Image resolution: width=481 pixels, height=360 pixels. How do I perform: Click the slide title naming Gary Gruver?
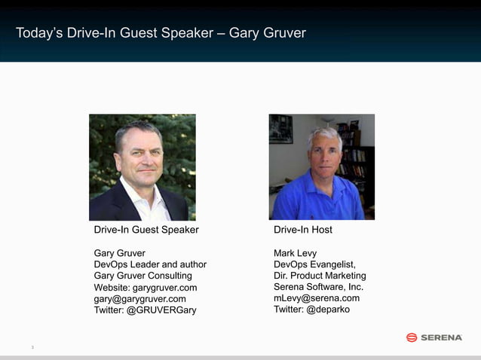coord(161,33)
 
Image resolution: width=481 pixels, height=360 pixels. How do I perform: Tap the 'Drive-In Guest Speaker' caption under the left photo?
coord(146,230)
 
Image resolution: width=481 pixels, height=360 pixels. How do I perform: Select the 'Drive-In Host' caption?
coord(303,230)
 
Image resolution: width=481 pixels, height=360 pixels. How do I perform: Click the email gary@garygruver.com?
coord(139,299)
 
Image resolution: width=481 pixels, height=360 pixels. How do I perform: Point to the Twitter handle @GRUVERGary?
coord(145,310)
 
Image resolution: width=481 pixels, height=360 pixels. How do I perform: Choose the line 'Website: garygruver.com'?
coord(146,288)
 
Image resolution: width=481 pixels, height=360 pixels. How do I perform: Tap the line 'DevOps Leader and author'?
coord(150,264)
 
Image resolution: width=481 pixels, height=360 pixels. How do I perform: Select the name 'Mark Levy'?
coord(296,253)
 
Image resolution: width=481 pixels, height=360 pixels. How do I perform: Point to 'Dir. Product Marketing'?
coord(320,276)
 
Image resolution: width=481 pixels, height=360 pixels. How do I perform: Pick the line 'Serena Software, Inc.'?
coord(318,287)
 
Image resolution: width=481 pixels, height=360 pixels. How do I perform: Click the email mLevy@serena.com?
coord(317,298)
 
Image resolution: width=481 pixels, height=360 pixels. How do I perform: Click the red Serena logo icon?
coord(412,337)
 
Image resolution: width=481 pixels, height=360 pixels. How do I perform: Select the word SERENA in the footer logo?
coord(442,337)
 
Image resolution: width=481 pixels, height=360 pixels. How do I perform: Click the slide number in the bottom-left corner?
coord(32,347)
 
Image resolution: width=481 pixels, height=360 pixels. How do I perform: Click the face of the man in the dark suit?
coord(141,154)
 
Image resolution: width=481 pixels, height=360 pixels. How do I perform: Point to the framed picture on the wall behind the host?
coord(281,129)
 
